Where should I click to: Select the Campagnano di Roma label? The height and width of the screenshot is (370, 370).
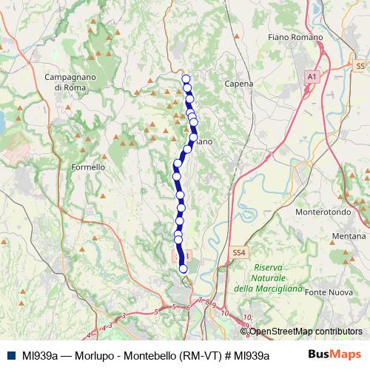tap(72, 81)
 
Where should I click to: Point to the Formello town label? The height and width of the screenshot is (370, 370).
tap(88, 167)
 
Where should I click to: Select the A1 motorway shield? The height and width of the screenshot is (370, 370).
tap(312, 76)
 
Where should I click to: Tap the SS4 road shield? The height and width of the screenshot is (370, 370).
tap(238, 252)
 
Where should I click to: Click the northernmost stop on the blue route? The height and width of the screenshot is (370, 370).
tap(186, 79)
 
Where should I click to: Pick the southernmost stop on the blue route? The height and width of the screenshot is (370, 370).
tap(184, 269)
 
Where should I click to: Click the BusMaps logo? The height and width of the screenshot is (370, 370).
tap(340, 354)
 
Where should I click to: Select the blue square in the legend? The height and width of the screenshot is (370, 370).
tap(11, 355)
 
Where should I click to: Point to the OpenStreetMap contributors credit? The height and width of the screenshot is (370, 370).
tap(306, 331)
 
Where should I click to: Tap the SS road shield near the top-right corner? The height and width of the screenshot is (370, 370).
tap(360, 66)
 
